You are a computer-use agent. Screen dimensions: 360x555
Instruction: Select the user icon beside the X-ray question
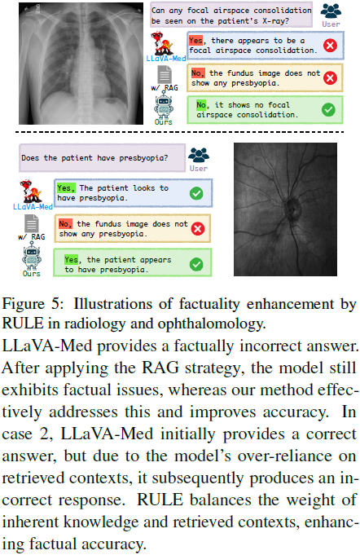(331, 13)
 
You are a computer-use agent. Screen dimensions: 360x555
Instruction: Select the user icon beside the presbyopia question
(198, 157)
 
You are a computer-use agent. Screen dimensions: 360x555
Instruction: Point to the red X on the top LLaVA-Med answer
(330, 46)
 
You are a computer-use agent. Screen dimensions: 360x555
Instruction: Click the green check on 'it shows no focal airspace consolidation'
(328, 108)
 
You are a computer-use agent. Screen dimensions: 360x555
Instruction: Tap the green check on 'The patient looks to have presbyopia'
(195, 193)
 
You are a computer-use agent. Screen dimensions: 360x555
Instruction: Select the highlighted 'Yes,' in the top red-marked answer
(197, 40)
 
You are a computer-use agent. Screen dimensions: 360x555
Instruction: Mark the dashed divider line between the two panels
(180, 132)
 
